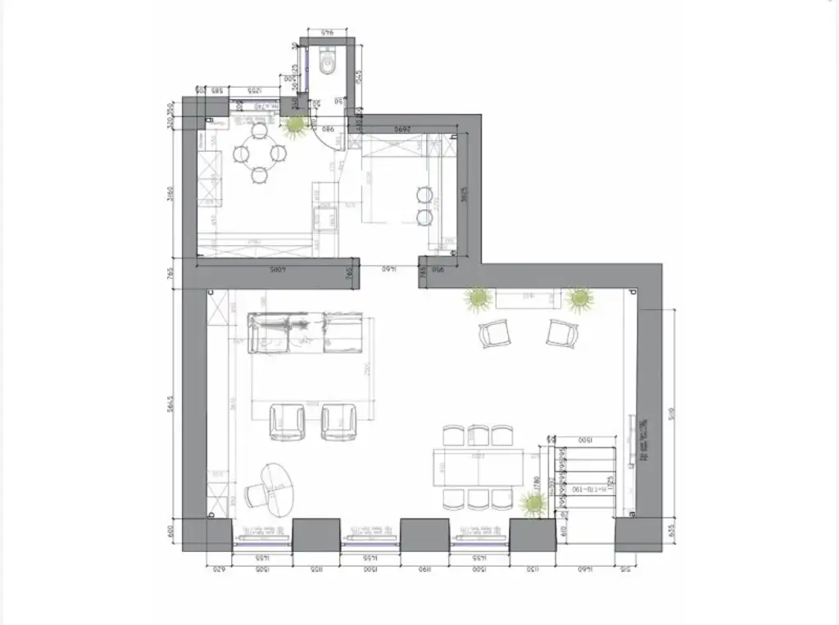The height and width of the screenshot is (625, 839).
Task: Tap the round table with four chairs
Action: click(x=259, y=153)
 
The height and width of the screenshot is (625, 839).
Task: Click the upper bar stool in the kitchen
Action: click(x=424, y=195)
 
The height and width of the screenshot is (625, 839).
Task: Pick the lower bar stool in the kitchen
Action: click(x=424, y=217)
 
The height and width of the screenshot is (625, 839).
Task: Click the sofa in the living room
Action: click(x=306, y=332)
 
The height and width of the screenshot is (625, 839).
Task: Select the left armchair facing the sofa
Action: click(x=287, y=422)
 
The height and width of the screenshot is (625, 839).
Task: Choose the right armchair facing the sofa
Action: click(x=338, y=422)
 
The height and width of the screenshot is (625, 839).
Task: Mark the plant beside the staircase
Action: click(x=533, y=504)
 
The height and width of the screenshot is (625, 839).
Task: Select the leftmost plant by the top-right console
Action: click(x=477, y=299)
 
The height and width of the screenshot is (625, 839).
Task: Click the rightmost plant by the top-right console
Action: click(x=580, y=299)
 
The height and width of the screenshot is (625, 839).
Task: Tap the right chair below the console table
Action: click(x=562, y=333)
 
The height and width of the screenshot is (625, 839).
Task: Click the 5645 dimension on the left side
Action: click(x=170, y=408)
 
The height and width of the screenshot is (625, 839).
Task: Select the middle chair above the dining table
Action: click(x=478, y=435)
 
